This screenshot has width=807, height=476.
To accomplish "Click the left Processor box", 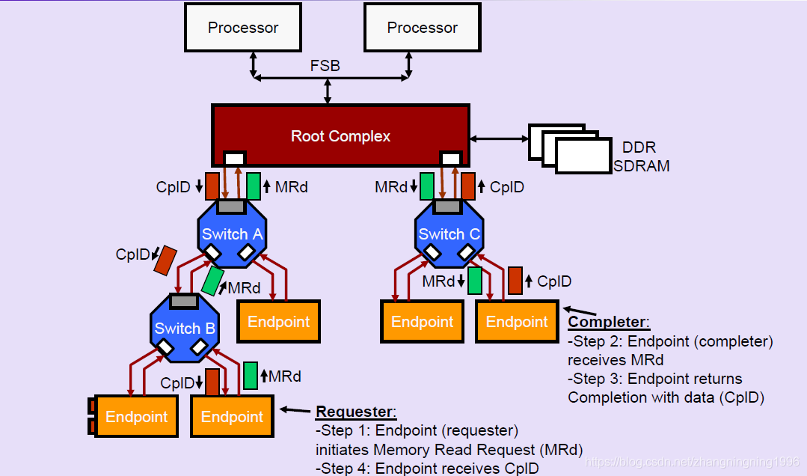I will (x=243, y=28).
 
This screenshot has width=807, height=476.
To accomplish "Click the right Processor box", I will (x=422, y=28).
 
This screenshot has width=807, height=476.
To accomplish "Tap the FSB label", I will (x=325, y=66).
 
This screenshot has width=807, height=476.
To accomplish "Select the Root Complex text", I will (x=340, y=136).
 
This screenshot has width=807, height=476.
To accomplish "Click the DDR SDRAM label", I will (x=641, y=156).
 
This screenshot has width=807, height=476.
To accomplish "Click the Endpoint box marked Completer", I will (x=517, y=322).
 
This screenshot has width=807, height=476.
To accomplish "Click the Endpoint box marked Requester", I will (x=232, y=416).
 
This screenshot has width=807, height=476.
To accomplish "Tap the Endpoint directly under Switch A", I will (x=278, y=322).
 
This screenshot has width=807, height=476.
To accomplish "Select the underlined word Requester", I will (x=355, y=412).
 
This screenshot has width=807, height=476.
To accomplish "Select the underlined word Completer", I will (x=608, y=322).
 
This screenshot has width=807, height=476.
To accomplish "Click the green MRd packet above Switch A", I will (x=254, y=186).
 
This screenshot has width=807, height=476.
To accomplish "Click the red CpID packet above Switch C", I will (x=469, y=186).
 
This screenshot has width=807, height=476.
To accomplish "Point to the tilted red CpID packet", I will (x=165, y=260).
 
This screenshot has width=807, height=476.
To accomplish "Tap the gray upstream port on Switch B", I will (x=184, y=302).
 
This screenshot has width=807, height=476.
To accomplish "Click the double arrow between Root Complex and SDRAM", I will (x=499, y=138).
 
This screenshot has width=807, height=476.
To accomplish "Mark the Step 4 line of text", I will (x=426, y=469).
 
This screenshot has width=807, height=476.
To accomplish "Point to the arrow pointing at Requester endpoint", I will (x=295, y=409).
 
